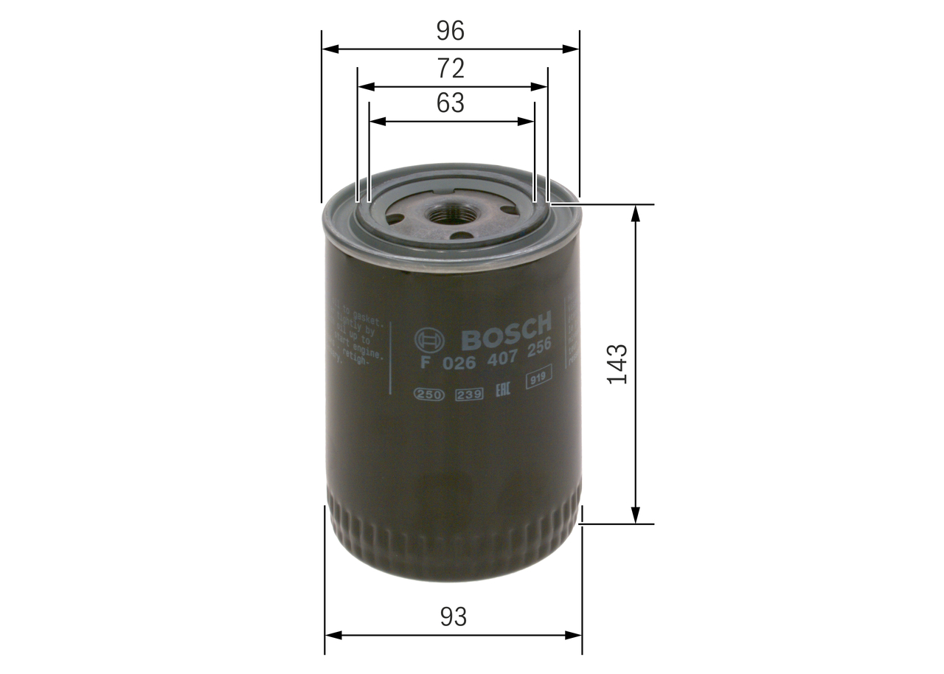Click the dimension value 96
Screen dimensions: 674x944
tap(450, 31)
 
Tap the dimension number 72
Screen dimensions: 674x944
tap(450, 69)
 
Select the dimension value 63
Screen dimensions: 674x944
tap(450, 103)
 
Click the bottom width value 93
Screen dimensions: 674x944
tap(454, 616)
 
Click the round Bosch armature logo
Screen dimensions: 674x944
tap(430, 341)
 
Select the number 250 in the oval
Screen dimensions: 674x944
tap(428, 395)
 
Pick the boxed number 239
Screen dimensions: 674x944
tap(469, 395)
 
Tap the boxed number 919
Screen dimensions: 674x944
tap(539, 379)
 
